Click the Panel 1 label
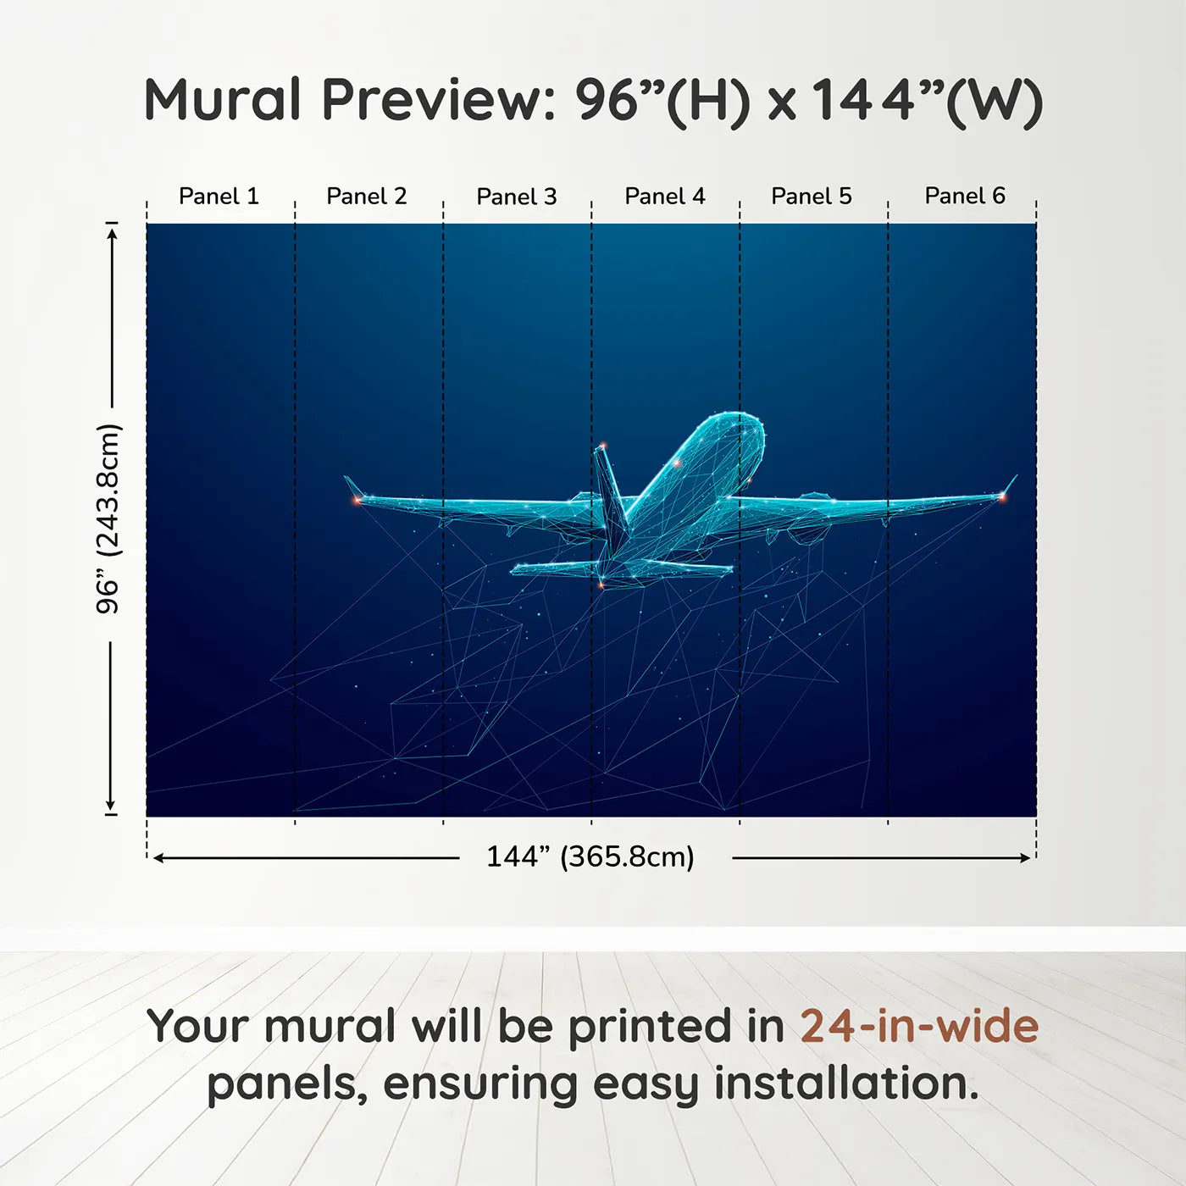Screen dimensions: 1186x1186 click(219, 196)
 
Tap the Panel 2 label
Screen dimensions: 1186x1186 click(366, 196)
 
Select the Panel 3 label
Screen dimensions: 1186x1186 click(517, 197)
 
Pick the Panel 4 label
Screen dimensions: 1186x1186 click(665, 196)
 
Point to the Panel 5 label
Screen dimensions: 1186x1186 click(812, 196)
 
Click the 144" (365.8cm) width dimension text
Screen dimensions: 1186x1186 click(590, 856)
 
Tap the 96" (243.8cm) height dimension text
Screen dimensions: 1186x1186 click(108, 518)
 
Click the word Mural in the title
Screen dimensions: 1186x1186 click(223, 100)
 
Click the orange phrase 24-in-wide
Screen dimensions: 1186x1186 click(919, 1026)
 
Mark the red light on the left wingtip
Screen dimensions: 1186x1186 click(357, 501)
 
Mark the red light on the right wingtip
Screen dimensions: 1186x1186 click(1002, 496)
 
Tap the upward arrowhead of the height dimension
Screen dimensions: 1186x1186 click(112, 235)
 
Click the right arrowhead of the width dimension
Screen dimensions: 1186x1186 click(1025, 858)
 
